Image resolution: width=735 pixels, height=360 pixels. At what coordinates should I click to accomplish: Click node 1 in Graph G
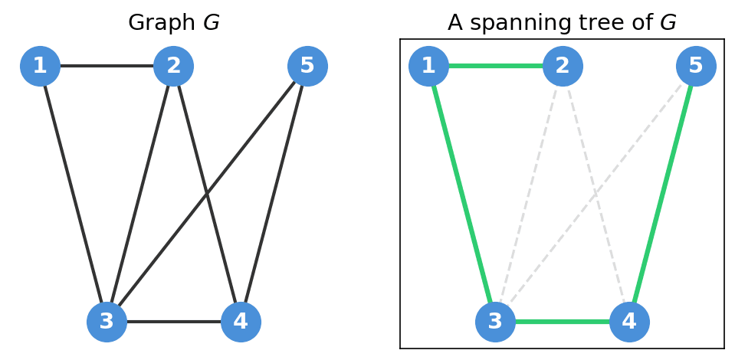click(x=40, y=66)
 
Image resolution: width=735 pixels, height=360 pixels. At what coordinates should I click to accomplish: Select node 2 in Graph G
click(x=173, y=66)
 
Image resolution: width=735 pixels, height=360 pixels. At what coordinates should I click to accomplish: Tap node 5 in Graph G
click(x=307, y=66)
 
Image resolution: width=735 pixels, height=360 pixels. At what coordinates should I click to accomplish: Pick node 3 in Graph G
click(x=107, y=322)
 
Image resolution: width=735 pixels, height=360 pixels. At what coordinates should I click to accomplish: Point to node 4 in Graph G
click(x=241, y=322)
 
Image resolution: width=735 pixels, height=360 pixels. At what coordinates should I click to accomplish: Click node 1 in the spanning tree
click(x=428, y=66)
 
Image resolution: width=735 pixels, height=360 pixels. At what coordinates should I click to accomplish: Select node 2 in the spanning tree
click(x=563, y=66)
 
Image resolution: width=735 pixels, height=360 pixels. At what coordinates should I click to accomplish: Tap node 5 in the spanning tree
click(x=696, y=66)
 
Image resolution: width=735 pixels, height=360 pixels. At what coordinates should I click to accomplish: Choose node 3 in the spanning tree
click(x=495, y=322)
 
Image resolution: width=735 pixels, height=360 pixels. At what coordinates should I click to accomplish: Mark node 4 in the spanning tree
click(x=629, y=322)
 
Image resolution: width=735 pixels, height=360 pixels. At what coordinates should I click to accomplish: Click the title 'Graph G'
click(x=173, y=23)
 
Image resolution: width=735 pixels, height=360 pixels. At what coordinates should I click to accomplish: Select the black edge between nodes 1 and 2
click(x=107, y=66)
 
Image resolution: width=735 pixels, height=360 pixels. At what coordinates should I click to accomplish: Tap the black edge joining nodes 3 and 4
click(x=173, y=322)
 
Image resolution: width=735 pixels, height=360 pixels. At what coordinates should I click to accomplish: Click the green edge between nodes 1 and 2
click(x=495, y=66)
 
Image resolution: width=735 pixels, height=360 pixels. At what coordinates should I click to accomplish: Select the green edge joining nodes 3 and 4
click(x=562, y=322)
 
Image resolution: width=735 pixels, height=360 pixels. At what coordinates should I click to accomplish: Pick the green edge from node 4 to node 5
click(x=663, y=194)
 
